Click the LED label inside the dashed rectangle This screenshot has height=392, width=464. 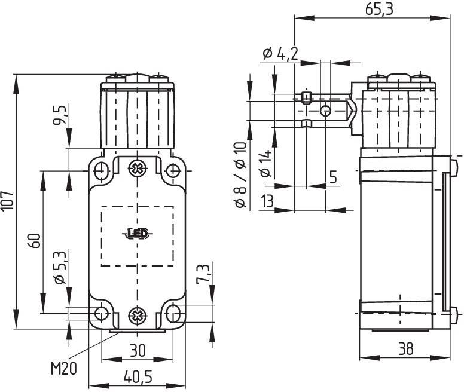coord(138,234)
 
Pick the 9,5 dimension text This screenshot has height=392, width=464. coord(60,115)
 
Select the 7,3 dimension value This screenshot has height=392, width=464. coord(203,273)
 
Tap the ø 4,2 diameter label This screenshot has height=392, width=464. coord(279,53)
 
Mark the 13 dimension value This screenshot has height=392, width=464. coord(267,201)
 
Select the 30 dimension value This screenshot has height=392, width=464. coord(138,351)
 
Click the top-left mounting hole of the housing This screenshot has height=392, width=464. coord(102,169)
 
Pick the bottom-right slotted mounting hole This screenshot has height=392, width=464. coord(173,313)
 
